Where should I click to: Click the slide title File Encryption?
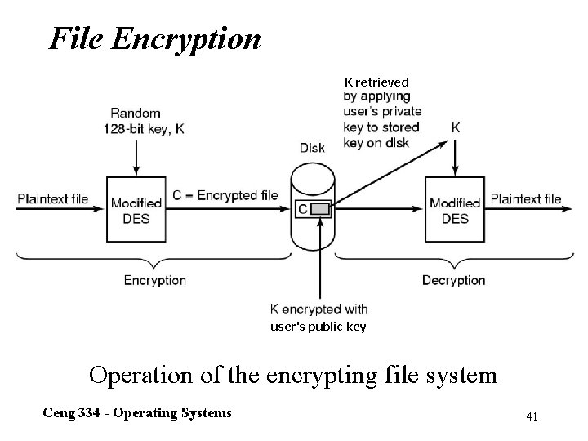pos(155,38)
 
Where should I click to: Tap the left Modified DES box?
pos(135,210)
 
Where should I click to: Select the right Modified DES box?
pos(455,210)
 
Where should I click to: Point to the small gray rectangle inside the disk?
pos(321,210)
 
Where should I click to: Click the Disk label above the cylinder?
pos(312,148)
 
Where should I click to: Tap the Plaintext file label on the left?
pos(53,198)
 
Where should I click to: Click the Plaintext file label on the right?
pos(525,198)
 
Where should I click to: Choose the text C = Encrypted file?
pos(225,195)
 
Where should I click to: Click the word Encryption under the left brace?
pos(154,280)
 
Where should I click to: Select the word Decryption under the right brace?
pos(453,280)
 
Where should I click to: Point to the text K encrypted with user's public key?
pos(318,318)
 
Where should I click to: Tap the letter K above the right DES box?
pos(455,128)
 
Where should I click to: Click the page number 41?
pos(532,416)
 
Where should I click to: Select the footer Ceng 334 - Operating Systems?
pos(137,412)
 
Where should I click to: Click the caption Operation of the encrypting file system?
pos(292,375)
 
